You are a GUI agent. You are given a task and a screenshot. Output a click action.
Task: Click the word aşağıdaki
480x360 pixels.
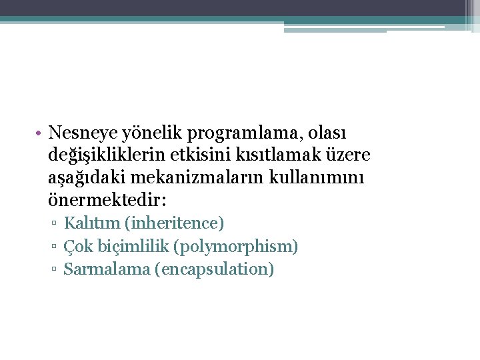pos(89,179)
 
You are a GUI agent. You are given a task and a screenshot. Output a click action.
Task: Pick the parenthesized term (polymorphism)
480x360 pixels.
pos(235,247)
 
